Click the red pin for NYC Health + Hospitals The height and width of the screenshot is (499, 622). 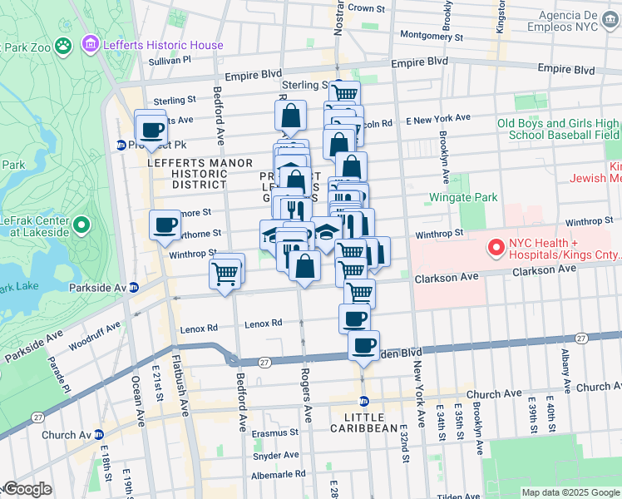(x=496, y=247)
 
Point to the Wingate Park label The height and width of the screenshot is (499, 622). (x=463, y=198)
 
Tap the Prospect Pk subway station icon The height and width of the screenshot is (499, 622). (x=121, y=145)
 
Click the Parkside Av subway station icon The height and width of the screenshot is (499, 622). (x=133, y=288)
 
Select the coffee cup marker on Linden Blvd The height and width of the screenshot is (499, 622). (x=363, y=345)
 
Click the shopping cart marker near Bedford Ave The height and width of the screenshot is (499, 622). (x=226, y=271)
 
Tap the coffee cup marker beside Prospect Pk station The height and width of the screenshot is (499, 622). (x=152, y=130)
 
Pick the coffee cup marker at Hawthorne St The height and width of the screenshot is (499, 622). (x=165, y=224)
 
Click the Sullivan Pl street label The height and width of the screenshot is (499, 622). (x=170, y=60)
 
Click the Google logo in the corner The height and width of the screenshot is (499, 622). (x=27, y=490)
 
